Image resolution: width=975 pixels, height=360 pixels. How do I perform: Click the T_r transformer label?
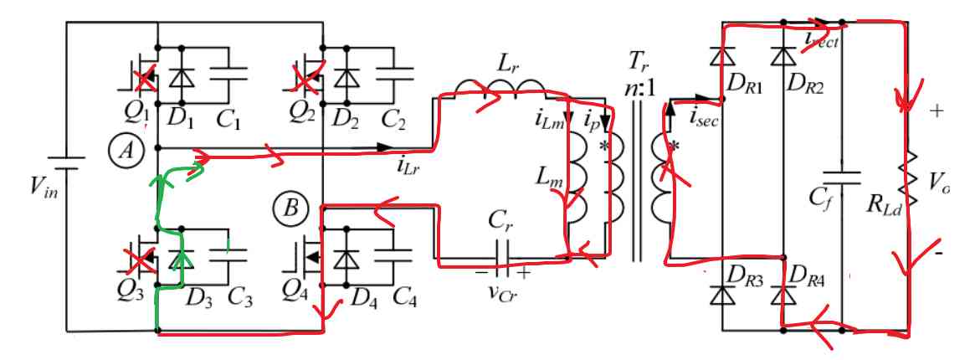(x=639, y=61)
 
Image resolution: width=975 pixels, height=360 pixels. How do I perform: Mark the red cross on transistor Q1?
(x=146, y=80)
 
